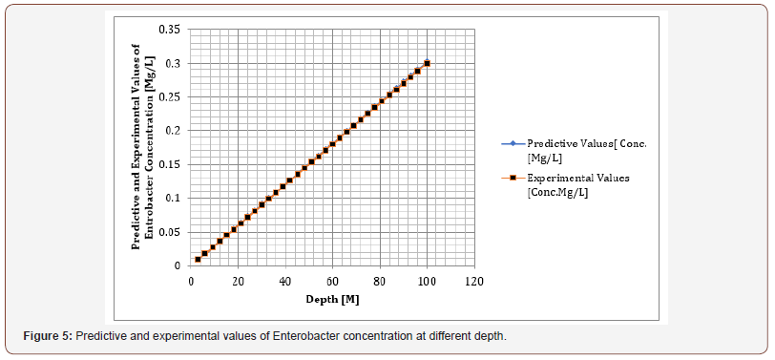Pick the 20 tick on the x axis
239,282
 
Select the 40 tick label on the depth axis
285,282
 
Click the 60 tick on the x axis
332,282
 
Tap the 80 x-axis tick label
380,282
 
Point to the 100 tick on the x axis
427,282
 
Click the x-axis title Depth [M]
332,300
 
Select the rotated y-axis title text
142,148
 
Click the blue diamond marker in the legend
513,144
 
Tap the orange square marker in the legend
513,178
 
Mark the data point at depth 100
427,63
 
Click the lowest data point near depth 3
198,259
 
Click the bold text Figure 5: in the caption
48,336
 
